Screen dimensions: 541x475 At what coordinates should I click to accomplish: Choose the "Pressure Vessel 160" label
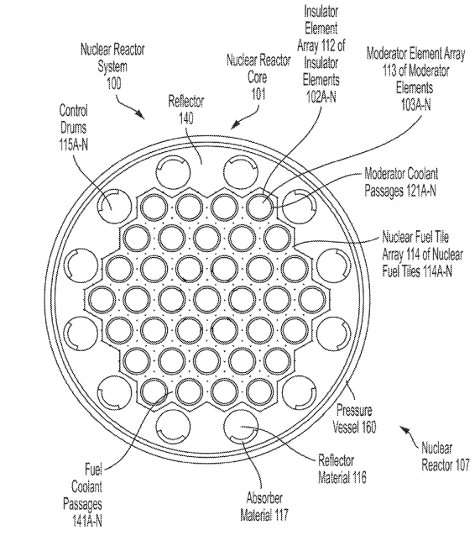tap(355, 418)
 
